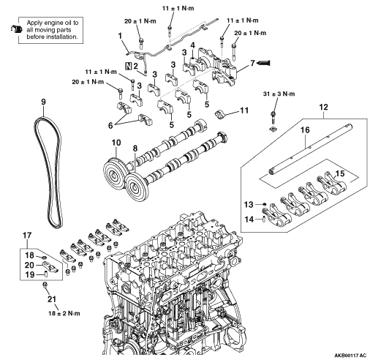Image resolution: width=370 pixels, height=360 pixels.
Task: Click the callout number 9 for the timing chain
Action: pyautogui.click(x=43, y=102)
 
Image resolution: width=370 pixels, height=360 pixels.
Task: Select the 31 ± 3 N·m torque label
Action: pyautogui.click(x=279, y=94)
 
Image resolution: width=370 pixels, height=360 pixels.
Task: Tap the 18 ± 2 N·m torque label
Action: pyautogui.click(x=64, y=313)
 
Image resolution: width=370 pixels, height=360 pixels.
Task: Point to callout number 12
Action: pyautogui.click(x=324, y=107)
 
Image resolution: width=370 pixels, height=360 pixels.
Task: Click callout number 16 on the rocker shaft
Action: pyautogui.click(x=305, y=130)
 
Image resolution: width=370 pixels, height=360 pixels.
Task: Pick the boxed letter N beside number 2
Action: pyautogui.click(x=128, y=66)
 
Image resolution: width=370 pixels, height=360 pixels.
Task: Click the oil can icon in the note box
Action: pyautogui.click(x=17, y=29)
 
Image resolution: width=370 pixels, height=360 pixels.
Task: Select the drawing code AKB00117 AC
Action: pyautogui.click(x=350, y=355)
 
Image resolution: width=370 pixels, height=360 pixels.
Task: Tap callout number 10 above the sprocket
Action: pyautogui.click(x=116, y=143)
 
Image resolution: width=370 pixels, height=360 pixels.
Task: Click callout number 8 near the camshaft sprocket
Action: pyautogui.click(x=135, y=148)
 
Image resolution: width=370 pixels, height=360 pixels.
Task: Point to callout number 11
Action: pyautogui.click(x=244, y=110)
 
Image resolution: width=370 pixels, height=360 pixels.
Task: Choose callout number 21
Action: pyautogui.click(x=52, y=299)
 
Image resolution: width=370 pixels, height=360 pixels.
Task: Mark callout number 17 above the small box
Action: pyautogui.click(x=27, y=236)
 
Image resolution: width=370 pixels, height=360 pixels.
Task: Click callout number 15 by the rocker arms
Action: pyautogui.click(x=340, y=173)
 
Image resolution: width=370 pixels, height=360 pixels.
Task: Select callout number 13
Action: pyautogui.click(x=249, y=204)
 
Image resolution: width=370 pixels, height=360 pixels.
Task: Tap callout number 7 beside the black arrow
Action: pyautogui.click(x=252, y=63)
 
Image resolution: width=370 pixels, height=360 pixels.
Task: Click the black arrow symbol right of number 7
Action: pyautogui.click(x=263, y=63)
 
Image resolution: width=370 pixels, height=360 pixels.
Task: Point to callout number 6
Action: pyautogui.click(x=110, y=125)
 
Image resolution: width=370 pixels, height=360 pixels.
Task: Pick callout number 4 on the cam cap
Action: pyautogui.click(x=193, y=45)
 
